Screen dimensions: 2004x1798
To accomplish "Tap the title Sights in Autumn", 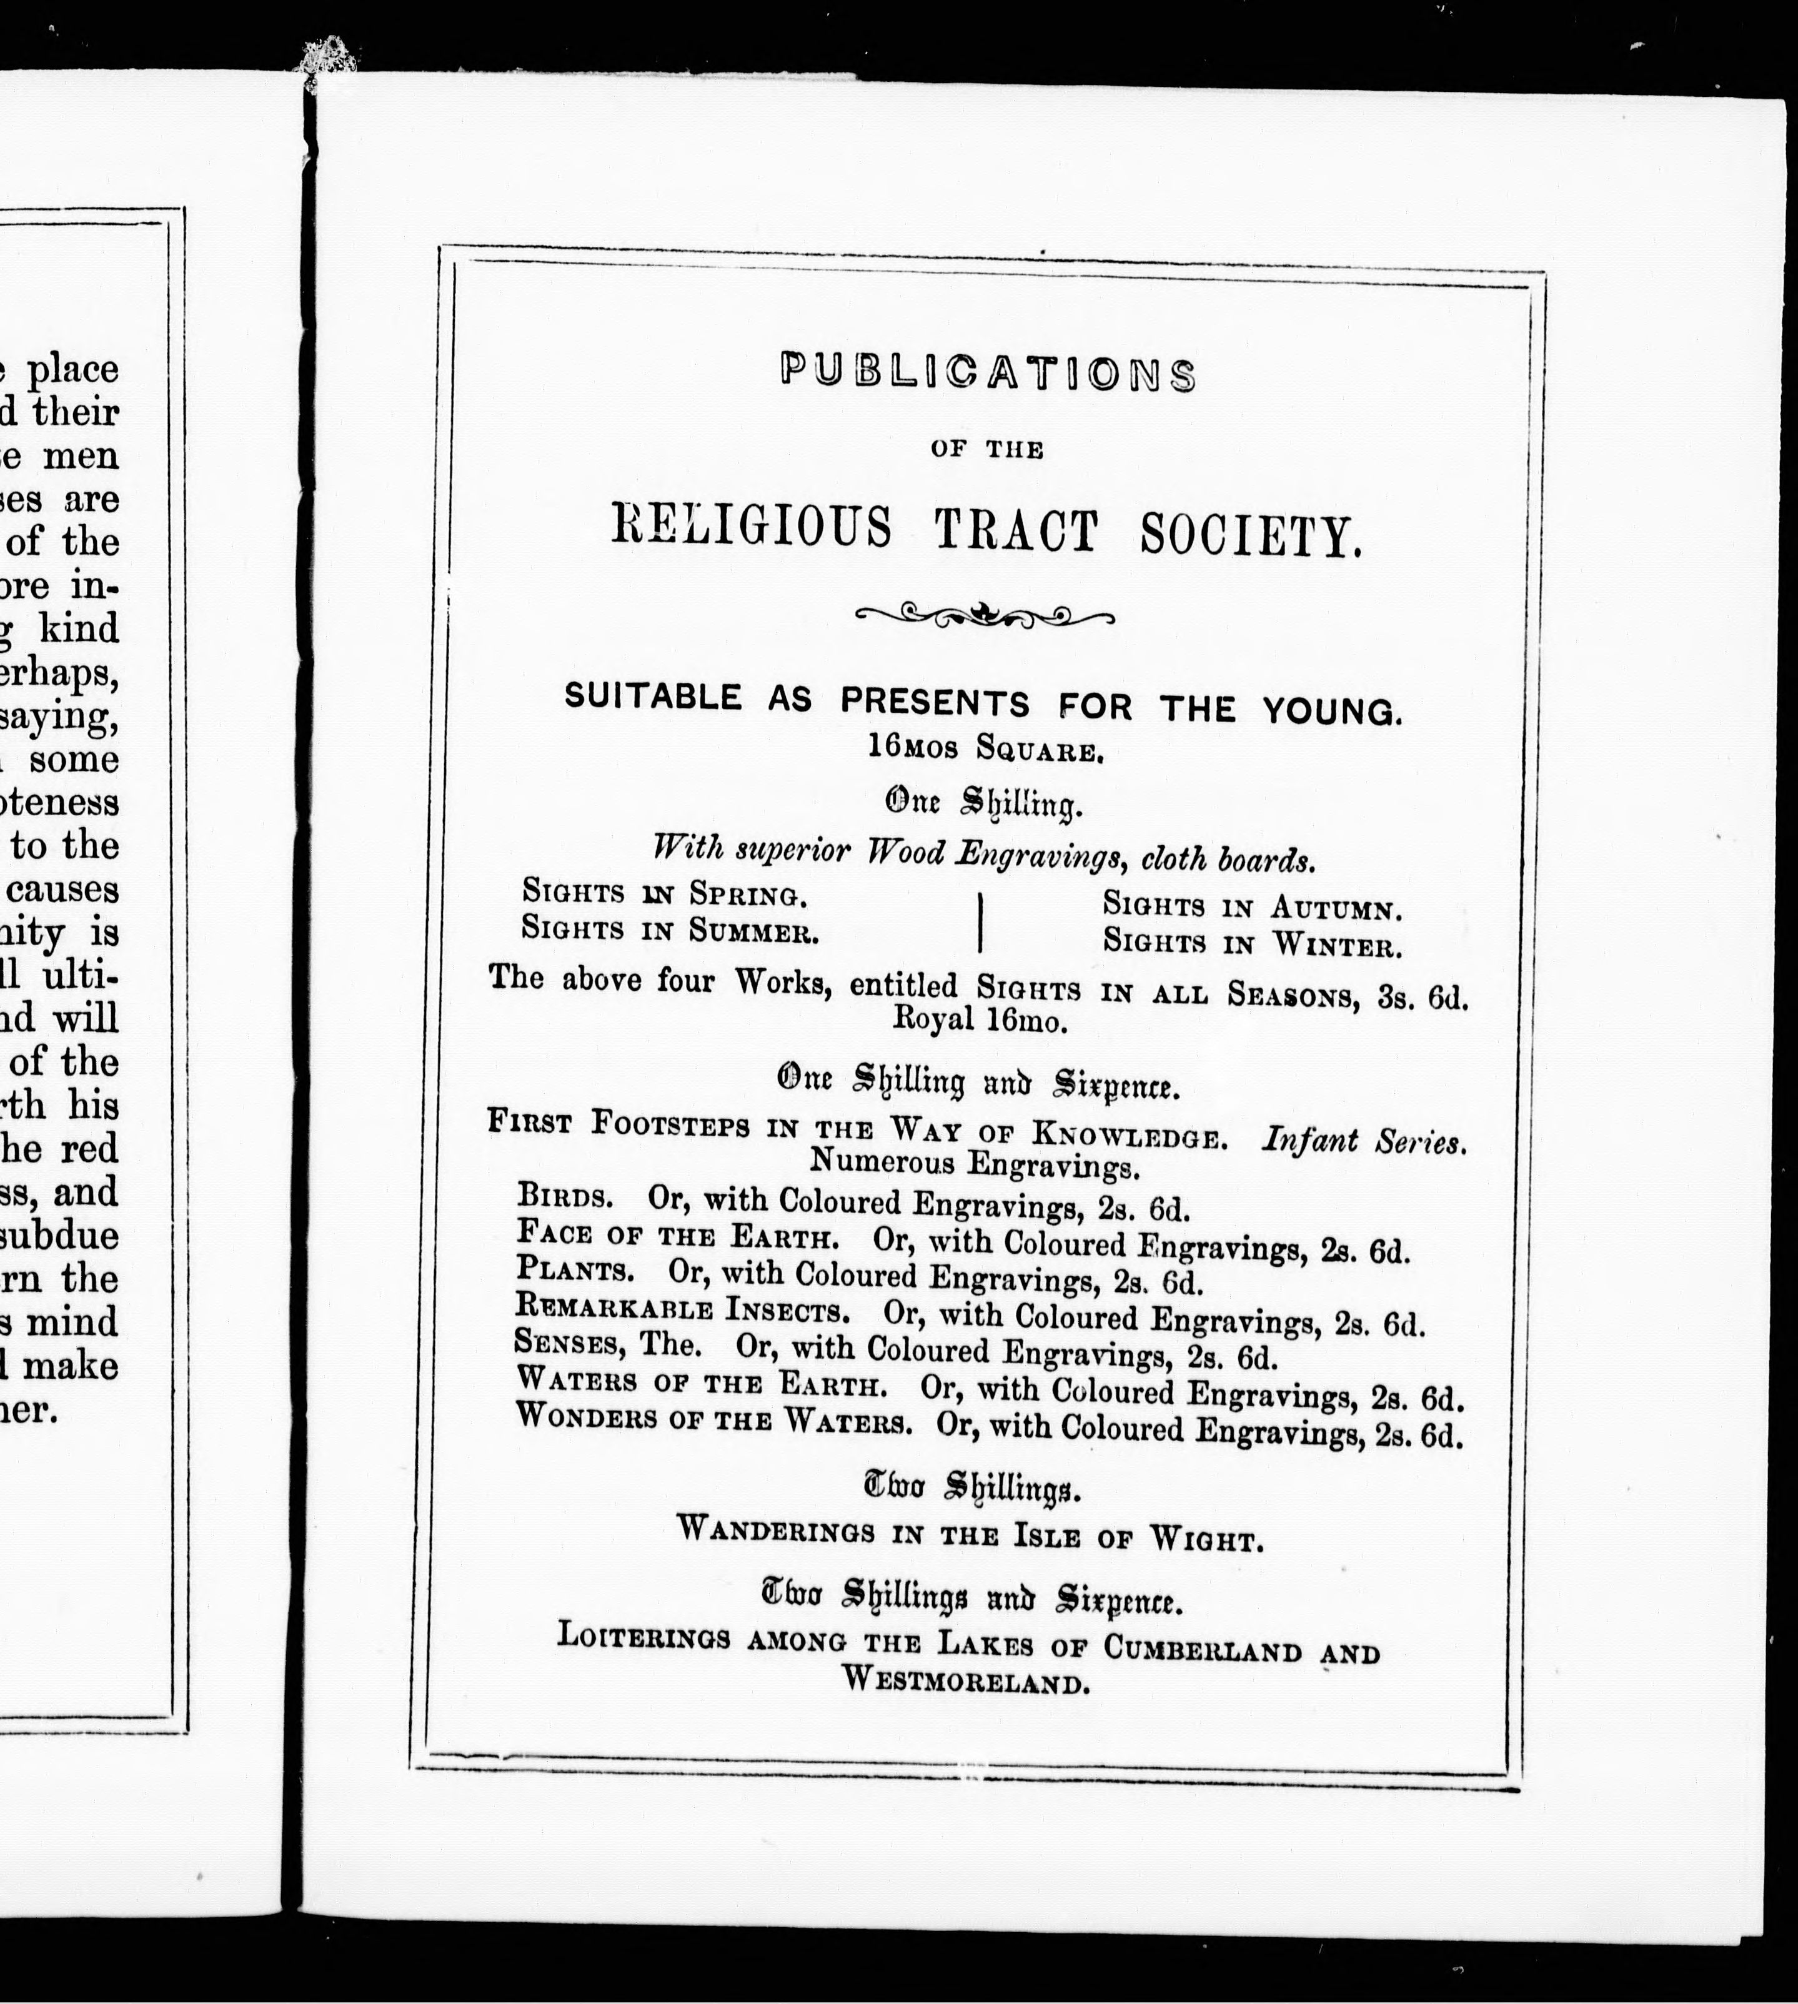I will pos(1251,906).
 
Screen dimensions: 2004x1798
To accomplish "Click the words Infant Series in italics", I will pos(1363,1141).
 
